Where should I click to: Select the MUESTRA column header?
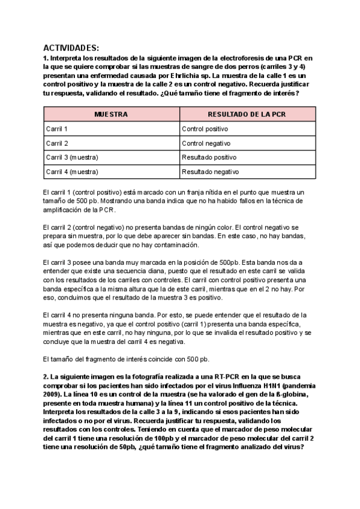point(112,114)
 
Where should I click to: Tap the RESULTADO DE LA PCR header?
point(247,114)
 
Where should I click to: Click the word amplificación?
point(64,210)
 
